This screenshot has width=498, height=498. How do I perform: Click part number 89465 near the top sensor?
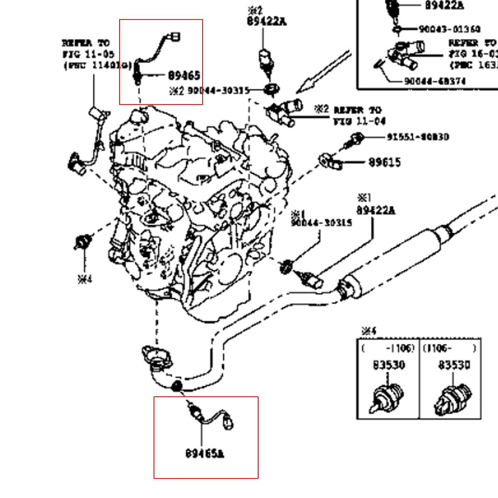[184, 76]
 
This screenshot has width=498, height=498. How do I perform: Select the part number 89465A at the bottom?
[205, 453]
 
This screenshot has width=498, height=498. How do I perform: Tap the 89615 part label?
[385, 162]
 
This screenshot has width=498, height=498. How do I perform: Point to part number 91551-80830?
[418, 137]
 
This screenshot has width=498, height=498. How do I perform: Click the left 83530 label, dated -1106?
[389, 365]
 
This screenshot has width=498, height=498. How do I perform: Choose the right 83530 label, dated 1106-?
[454, 365]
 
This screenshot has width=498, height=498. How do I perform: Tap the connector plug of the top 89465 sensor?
[176, 37]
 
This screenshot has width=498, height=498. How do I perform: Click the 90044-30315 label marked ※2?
[218, 90]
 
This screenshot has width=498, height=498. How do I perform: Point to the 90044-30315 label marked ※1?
[322, 223]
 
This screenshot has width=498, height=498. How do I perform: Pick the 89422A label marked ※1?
[376, 210]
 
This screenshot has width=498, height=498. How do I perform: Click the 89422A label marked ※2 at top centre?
[267, 21]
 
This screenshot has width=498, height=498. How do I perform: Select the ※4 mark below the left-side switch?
[85, 279]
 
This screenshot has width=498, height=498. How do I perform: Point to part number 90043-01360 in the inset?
[449, 29]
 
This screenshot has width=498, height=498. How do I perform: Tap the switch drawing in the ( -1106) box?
[386, 398]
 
